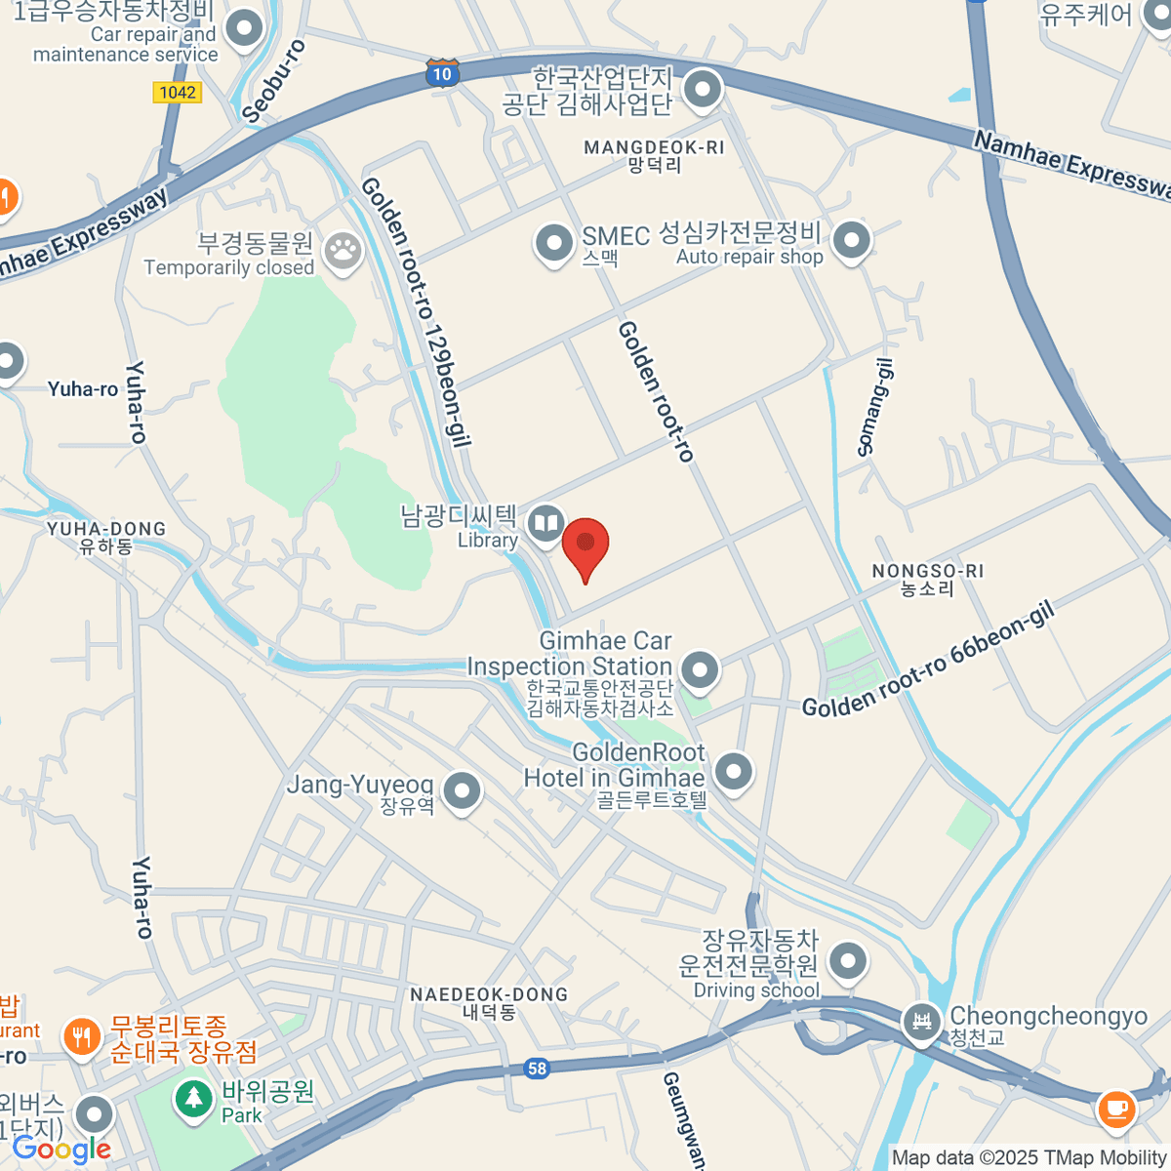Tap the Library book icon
[x=545, y=524]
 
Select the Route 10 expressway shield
[x=442, y=73]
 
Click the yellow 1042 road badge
[x=177, y=93]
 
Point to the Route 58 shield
[x=537, y=1069]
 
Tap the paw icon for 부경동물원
[x=343, y=251]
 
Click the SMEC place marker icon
[x=554, y=242]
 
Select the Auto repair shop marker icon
[x=852, y=239]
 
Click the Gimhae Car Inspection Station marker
[x=700, y=669]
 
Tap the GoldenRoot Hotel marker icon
[x=734, y=771]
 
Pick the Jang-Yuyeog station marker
[x=462, y=790]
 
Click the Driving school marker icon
[x=848, y=961]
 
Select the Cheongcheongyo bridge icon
[x=921, y=1022]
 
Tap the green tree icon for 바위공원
[x=194, y=1098]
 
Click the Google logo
[x=61, y=1150]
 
